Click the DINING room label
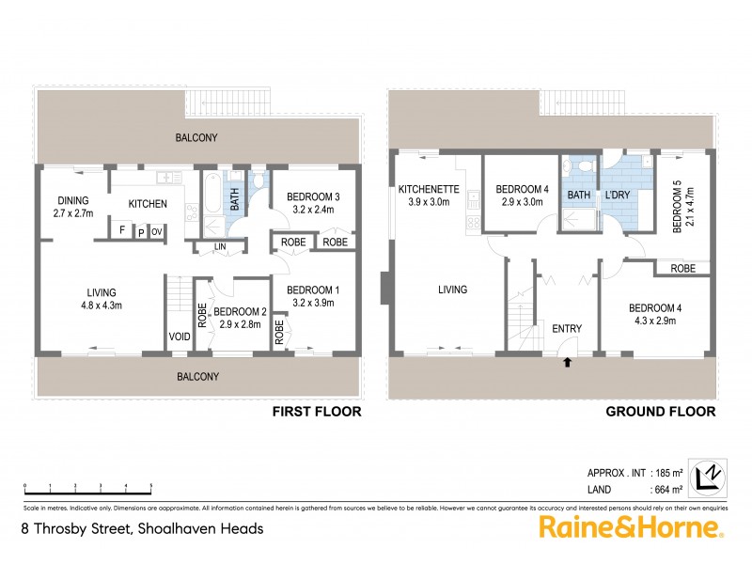[x=71, y=199]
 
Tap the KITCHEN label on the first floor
[x=148, y=204]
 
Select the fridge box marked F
[x=121, y=230]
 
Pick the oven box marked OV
[x=157, y=230]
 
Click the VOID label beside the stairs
[x=180, y=337]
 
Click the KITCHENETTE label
[x=428, y=189]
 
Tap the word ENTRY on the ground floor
[x=567, y=328]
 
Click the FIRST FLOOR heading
[x=316, y=412]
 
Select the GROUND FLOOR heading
[x=660, y=412]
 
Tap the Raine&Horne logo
[x=630, y=527]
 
